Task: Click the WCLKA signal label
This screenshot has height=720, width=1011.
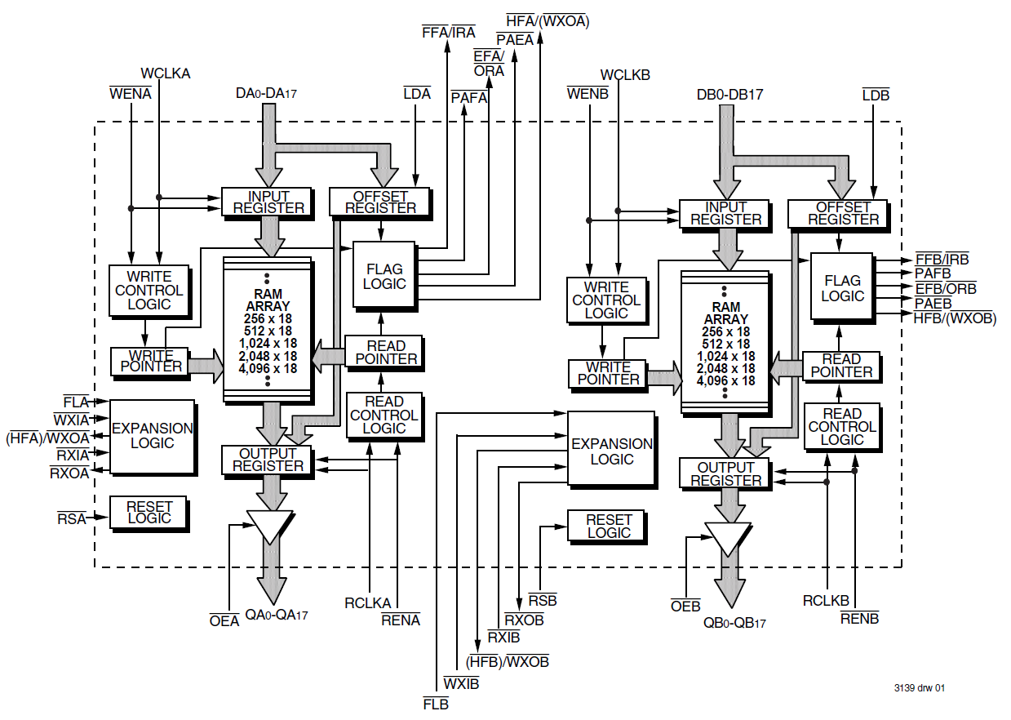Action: [x=166, y=73]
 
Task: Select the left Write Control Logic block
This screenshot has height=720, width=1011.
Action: [x=149, y=290]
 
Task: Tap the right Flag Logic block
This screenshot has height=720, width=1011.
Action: [x=842, y=287]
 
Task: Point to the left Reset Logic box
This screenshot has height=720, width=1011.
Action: [x=149, y=512]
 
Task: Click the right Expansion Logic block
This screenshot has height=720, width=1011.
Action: [x=611, y=451]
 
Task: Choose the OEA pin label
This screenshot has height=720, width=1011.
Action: [x=224, y=621]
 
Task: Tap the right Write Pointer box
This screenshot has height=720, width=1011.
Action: [x=608, y=373]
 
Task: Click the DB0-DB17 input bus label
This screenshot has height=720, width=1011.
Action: [x=729, y=95]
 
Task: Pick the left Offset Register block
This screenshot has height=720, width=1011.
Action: [x=379, y=202]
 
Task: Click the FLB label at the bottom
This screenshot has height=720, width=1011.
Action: [x=436, y=704]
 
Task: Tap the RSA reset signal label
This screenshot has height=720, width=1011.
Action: [x=71, y=518]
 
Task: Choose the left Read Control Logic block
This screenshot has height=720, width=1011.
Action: [x=384, y=416]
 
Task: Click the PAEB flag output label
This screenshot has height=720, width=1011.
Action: [x=933, y=303]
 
